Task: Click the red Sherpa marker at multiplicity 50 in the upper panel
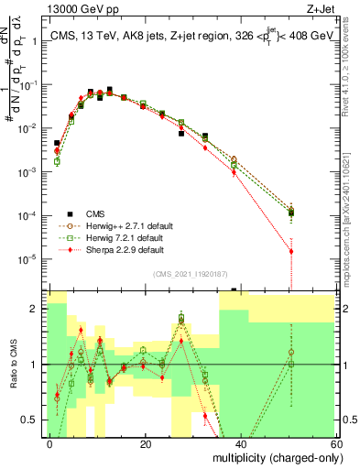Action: click(x=291, y=251)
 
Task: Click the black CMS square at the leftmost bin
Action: click(x=57, y=144)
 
